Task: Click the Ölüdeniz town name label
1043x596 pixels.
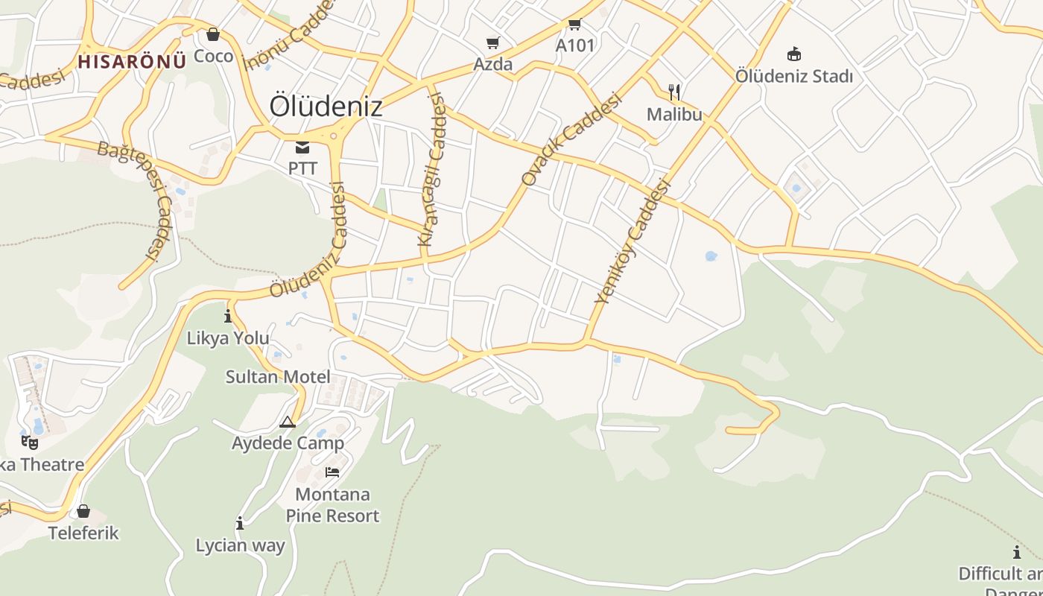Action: click(x=326, y=106)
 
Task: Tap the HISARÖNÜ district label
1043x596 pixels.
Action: click(x=131, y=61)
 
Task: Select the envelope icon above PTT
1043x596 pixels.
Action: click(x=302, y=148)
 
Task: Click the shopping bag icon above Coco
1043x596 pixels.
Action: click(x=213, y=34)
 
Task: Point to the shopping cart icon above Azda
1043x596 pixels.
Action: click(x=492, y=43)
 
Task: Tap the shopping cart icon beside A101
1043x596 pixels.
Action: click(x=575, y=25)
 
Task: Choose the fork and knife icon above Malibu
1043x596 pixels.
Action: click(x=674, y=92)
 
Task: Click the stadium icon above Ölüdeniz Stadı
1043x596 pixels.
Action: click(x=793, y=54)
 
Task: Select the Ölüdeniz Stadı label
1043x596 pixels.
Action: click(x=793, y=76)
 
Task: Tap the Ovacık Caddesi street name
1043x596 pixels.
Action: click(x=571, y=139)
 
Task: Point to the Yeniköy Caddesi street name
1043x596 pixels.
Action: click(x=630, y=241)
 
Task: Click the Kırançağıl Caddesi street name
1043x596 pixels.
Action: click(x=431, y=169)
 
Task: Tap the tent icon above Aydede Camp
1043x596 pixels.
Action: click(x=288, y=422)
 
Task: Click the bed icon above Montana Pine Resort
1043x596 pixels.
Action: click(x=332, y=472)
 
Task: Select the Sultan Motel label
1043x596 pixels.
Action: click(x=278, y=377)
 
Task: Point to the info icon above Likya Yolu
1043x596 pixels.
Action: click(x=228, y=317)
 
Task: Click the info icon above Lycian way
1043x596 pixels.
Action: click(x=240, y=524)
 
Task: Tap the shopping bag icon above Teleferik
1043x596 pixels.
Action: click(x=83, y=511)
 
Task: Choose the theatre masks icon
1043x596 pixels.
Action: click(x=30, y=443)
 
